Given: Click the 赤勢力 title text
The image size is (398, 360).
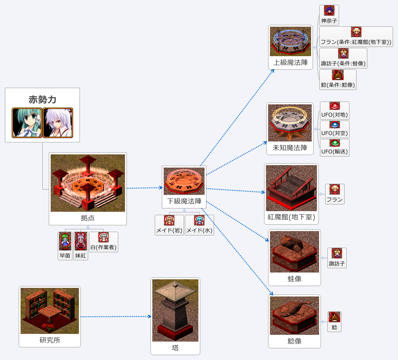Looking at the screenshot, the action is [42, 99].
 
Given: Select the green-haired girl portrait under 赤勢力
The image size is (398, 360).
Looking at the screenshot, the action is [27, 122].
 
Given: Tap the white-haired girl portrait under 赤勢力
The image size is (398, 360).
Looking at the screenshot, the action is [58, 122].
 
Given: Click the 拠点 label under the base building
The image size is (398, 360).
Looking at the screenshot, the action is [88, 218].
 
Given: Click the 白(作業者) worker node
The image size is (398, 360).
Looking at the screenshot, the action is [103, 242].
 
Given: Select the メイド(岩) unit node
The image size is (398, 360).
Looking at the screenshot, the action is [169, 225].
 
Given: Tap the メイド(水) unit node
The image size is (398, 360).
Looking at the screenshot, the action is [199, 225].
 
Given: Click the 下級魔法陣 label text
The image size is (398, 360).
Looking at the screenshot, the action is [184, 201].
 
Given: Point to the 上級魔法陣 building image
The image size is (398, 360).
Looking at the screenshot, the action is [291, 41].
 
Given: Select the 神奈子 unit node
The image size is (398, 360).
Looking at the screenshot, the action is [329, 15].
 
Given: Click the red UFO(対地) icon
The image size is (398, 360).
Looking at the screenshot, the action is [335, 106].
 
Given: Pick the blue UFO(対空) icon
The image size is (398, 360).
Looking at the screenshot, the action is [335, 125].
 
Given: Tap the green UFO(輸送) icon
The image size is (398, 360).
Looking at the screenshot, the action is [335, 143].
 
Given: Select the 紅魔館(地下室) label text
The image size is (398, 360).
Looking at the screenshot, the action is [291, 217].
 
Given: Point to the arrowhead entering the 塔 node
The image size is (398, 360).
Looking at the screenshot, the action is [150, 316].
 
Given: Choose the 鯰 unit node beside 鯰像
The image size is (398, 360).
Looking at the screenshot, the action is [334, 322].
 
